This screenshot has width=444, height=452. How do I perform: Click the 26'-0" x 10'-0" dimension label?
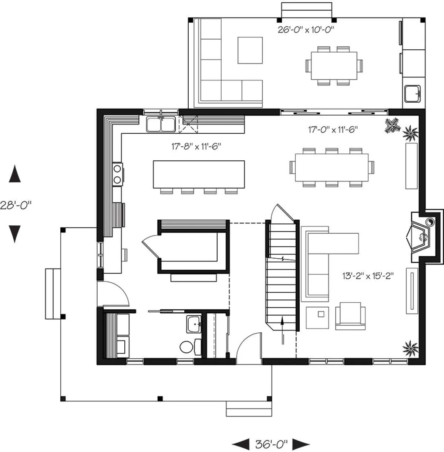pos(306,30)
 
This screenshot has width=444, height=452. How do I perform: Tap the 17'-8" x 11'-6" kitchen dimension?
pos(196,147)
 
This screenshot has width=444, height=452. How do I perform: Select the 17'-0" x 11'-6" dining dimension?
pos(333,129)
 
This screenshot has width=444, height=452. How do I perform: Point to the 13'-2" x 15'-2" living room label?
pos(368,276)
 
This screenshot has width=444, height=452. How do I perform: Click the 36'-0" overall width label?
pos(271,444)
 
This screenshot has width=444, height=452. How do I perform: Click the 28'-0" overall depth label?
pos(16,205)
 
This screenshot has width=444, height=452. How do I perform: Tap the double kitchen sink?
pos(161,124)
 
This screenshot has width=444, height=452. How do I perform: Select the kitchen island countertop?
pos(199,174)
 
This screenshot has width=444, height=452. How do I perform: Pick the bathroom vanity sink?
pos(194,324)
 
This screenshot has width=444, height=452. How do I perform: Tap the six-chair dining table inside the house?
pos(332,167)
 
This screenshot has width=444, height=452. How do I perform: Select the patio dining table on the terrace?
pos(334,66)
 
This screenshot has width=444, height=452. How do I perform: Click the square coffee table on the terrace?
pos(250,50)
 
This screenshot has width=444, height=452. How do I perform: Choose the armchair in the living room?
pos(350,316)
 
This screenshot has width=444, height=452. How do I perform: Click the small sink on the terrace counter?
pos(413,94)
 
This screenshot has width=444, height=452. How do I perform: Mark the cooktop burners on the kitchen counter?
pos(117,174)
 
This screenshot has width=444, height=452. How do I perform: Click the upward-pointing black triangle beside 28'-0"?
pos(15,173)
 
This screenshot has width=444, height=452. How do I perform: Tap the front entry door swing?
pos(249,348)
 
